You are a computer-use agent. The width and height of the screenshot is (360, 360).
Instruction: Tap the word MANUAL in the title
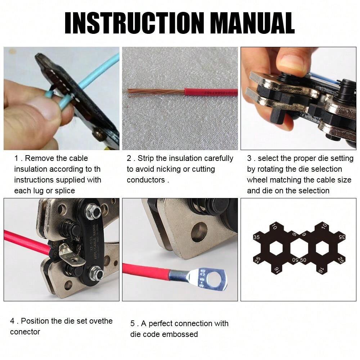click(x=252, y=23)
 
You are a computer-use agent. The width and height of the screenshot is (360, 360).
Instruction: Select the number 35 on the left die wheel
click(x=256, y=238)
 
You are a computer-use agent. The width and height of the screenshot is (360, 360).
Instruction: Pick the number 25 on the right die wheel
click(x=341, y=260)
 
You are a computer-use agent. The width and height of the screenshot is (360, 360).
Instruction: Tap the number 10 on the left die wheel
click(x=274, y=227)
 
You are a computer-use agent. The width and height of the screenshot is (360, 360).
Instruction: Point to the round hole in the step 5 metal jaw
click(x=199, y=232)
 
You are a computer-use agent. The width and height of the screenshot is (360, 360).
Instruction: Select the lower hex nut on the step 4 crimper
click(x=96, y=274)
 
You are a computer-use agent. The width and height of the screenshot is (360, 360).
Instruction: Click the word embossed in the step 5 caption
click(x=180, y=334)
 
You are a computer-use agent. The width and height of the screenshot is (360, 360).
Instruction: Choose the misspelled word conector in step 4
click(x=25, y=332)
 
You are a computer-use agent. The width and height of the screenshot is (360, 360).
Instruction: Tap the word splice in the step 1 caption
click(x=64, y=190)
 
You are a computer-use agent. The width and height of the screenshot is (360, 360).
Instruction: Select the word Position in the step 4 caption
click(x=39, y=321)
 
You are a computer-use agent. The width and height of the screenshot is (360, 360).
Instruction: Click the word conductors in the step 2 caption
click(x=145, y=180)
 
